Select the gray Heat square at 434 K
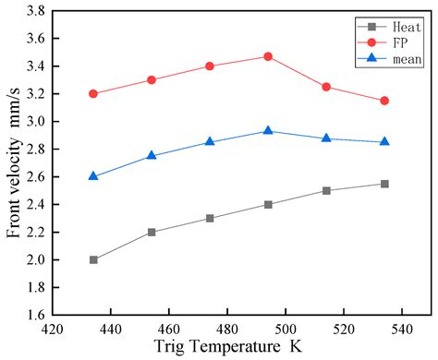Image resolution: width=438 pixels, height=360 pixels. click(93, 259)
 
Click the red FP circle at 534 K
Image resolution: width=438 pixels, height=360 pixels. click(384, 101)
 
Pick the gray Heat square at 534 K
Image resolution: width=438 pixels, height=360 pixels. click(384, 184)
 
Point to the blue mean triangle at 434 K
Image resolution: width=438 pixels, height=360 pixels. click(93, 176)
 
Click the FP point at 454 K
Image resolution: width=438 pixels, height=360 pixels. click(152, 80)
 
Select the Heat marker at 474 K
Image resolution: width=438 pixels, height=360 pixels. click(210, 219)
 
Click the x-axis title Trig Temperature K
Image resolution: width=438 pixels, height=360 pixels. click(234, 347)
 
